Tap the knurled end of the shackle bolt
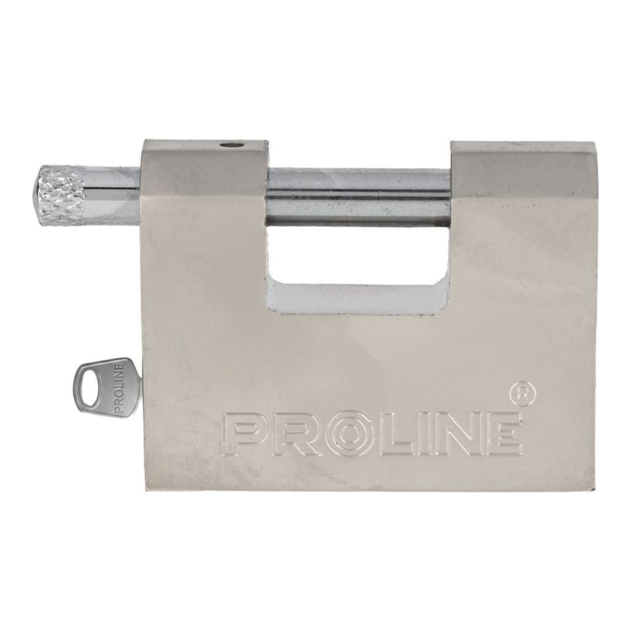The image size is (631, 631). tap(61, 195)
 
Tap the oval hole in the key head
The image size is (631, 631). tap(89, 388)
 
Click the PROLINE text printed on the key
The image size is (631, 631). tap(118, 388)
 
